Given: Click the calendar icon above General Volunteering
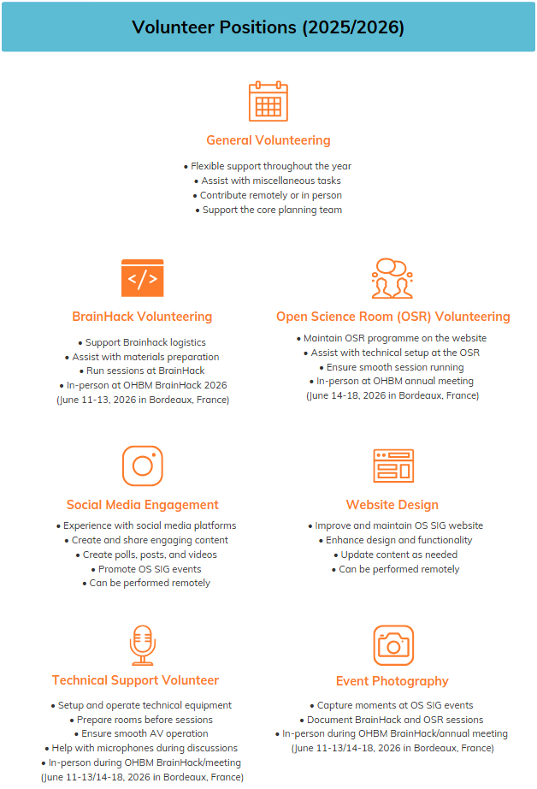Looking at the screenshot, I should pyautogui.click(x=268, y=102).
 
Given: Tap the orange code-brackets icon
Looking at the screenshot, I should pyautogui.click(x=142, y=278).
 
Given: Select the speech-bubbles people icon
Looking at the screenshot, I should pyautogui.click(x=392, y=278).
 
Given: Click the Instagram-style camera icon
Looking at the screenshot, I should pyautogui.click(x=142, y=466).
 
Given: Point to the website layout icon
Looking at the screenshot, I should pyautogui.click(x=392, y=466).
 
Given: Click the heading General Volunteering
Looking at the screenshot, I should pyautogui.click(x=268, y=140).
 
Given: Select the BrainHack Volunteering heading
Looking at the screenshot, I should pyautogui.click(x=142, y=317).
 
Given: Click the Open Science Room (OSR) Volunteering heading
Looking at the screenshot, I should pyautogui.click(x=392, y=317).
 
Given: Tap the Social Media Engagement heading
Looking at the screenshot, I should pyautogui.click(x=142, y=505).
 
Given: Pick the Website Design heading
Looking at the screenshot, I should pyautogui.click(x=392, y=505).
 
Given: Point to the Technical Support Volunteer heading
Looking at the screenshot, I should pyautogui.click(x=135, y=680).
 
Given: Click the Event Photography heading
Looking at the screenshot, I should pyautogui.click(x=392, y=681).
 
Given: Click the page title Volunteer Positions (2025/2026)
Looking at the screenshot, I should pyautogui.click(x=268, y=27).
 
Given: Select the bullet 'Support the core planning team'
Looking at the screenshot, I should pyautogui.click(x=268, y=211).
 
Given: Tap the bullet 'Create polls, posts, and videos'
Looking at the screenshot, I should pyautogui.click(x=144, y=555).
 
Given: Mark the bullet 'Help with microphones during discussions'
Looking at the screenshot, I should pyautogui.click(x=142, y=748).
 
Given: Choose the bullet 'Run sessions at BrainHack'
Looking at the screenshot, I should pyautogui.click(x=142, y=371).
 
